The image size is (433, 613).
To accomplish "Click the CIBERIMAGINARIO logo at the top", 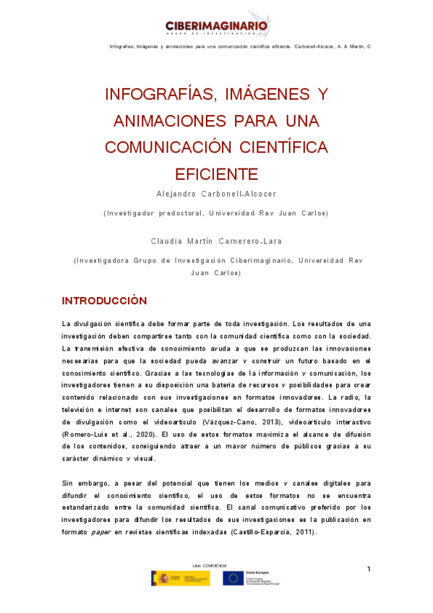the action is pyautogui.click(x=217, y=26).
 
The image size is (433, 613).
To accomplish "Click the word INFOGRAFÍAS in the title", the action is pyautogui.click(x=153, y=95).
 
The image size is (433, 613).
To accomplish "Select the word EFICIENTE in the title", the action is pyautogui.click(x=216, y=174).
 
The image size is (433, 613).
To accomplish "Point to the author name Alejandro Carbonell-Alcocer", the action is pyautogui.click(x=216, y=194).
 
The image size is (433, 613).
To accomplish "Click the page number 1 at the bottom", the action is pyautogui.click(x=369, y=570).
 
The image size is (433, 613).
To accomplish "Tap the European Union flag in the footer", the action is pyautogui.click(x=232, y=578).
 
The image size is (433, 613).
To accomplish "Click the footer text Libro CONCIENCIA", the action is pyautogui.click(x=210, y=565).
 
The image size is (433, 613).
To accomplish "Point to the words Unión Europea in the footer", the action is pyautogui.click(x=256, y=573).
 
